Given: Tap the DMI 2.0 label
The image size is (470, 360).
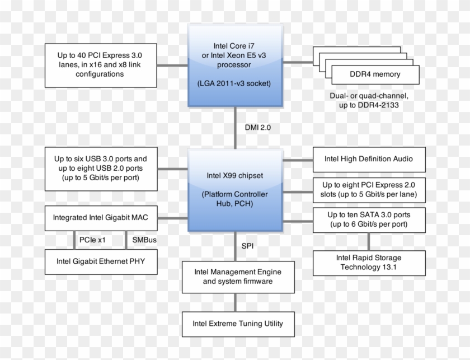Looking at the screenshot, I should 257,127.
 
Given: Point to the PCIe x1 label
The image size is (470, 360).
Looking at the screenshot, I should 92,239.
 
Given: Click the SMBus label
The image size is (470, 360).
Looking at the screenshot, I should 144,239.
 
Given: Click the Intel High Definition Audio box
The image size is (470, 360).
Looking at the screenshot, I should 369,159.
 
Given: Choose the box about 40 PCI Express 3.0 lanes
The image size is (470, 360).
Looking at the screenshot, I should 100,65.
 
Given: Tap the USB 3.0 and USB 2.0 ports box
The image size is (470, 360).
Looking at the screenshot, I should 100,168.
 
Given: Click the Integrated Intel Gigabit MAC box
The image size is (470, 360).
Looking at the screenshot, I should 100,217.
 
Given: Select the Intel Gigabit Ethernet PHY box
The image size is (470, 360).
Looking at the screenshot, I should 100,260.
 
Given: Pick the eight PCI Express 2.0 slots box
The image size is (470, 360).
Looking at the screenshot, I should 369,190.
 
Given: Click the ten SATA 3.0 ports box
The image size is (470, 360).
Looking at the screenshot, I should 369,219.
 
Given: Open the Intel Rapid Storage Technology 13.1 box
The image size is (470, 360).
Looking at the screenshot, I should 369,262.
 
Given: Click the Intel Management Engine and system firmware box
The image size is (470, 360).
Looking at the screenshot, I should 238,277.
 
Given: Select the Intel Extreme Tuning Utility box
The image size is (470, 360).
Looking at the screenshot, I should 238,323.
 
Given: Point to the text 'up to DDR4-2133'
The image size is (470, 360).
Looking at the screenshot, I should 368,105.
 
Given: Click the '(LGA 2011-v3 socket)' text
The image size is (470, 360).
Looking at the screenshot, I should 234,83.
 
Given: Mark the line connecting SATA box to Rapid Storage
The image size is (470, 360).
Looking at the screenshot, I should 368,241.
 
